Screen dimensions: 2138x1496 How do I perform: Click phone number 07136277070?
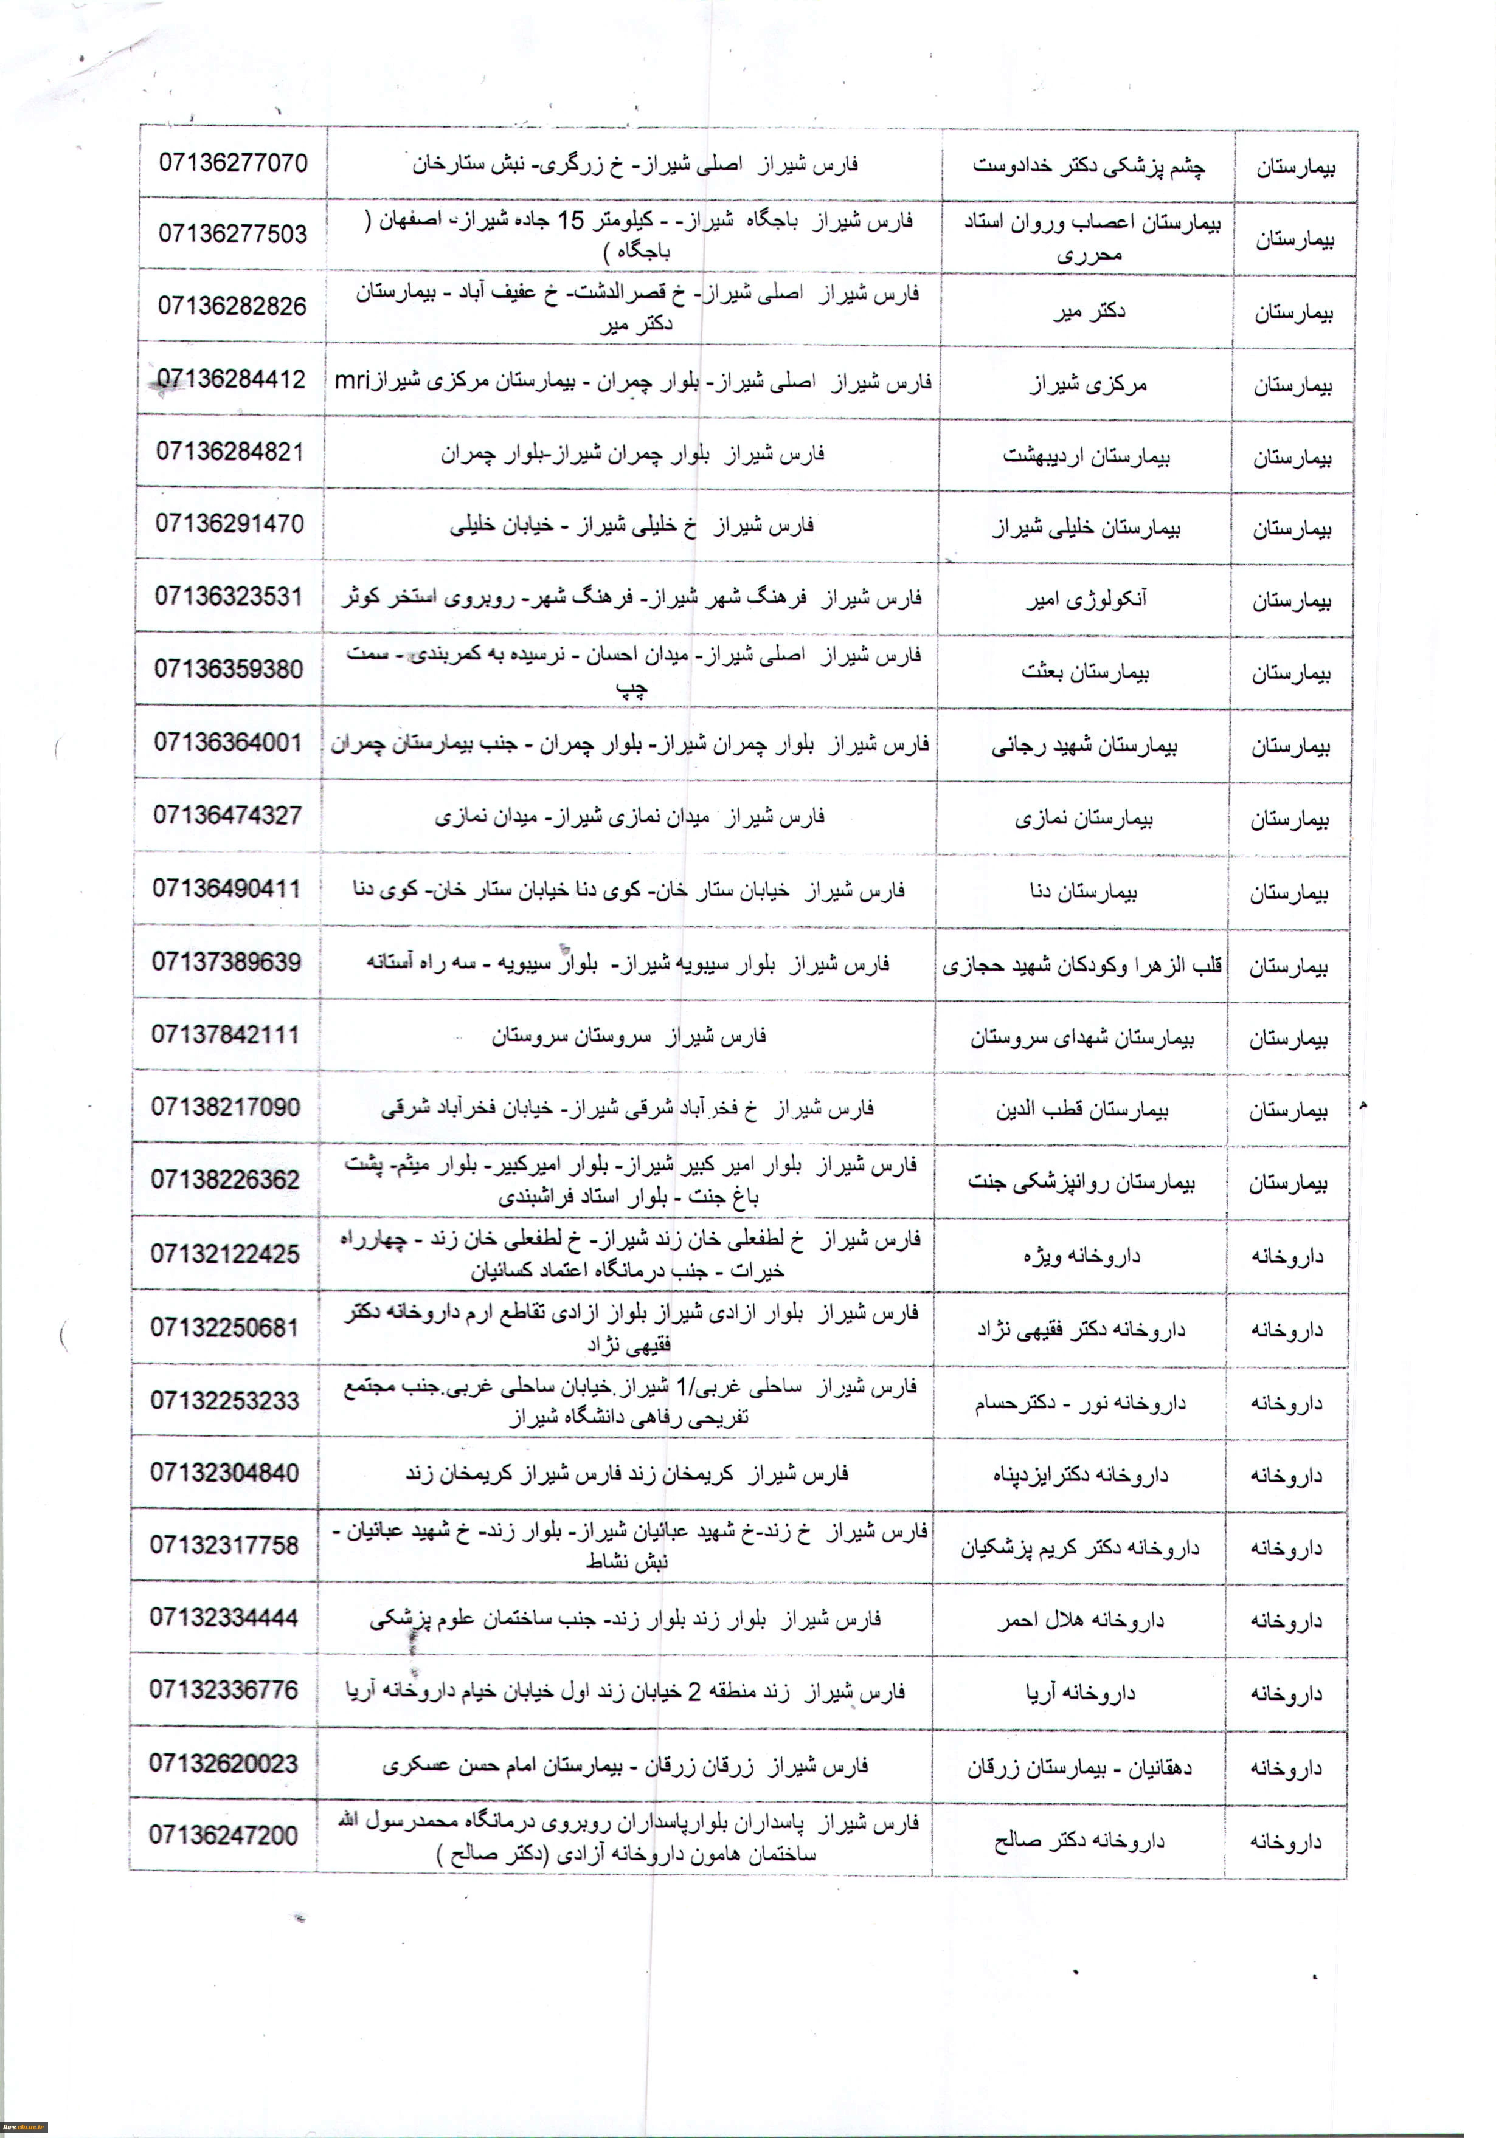point(233,163)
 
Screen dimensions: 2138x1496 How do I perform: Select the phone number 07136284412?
point(231,379)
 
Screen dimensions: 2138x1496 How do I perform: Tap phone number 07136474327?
point(227,816)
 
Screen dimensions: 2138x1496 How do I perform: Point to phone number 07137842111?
point(226,1034)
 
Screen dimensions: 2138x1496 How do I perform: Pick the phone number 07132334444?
point(224,1617)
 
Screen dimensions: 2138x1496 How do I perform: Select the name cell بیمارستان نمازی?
point(1083,819)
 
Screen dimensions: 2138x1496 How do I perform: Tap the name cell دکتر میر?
point(1089,311)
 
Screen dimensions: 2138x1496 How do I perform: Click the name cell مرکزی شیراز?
point(1088,383)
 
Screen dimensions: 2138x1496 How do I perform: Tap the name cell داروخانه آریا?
point(1081,1693)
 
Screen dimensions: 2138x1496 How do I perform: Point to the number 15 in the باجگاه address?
point(570,221)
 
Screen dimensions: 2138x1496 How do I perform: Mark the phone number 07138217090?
point(226,1107)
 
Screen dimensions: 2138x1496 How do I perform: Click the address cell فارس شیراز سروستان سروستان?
point(629,1036)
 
